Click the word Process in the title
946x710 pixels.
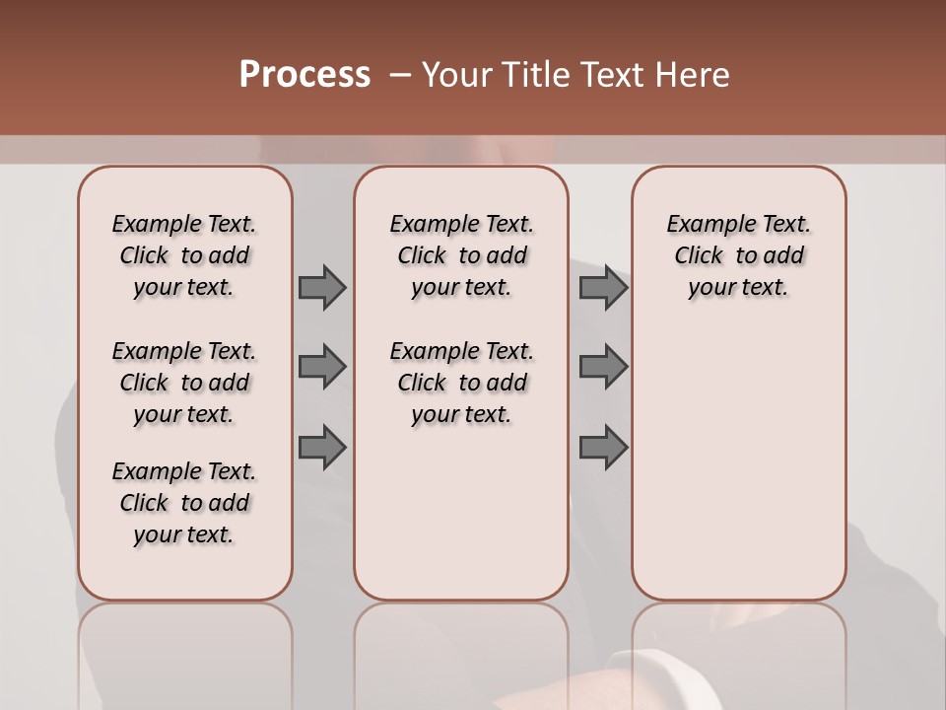pos(304,75)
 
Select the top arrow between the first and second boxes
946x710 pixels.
pos(321,287)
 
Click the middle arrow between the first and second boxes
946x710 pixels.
pos(321,367)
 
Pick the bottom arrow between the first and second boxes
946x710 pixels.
pos(321,448)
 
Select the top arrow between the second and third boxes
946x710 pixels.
pos(603,287)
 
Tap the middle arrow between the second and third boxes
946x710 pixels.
pos(603,367)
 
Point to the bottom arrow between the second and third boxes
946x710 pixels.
pos(603,448)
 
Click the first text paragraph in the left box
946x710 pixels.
pos(184,255)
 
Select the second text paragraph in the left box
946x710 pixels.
pos(184,383)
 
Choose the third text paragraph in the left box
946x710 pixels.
pos(184,503)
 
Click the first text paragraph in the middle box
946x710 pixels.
pos(461,255)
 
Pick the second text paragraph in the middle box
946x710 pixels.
pos(461,383)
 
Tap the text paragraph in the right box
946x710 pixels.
pos(738,255)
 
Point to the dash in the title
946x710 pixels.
pos(400,75)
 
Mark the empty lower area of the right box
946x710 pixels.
pos(738,463)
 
